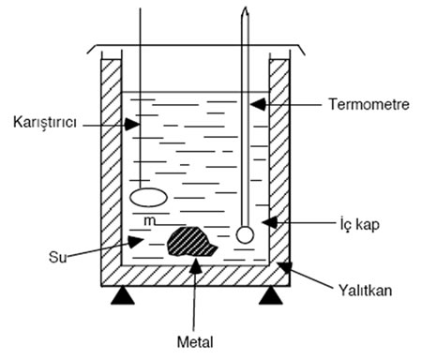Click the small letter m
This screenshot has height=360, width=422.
tap(148, 220)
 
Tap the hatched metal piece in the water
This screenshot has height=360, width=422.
tap(192, 241)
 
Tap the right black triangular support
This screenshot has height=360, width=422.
tap(272, 297)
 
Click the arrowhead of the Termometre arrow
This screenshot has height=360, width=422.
tap(255, 101)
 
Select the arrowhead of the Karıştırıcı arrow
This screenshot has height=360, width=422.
tap(133, 123)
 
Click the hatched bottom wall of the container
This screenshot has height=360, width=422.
tap(197, 275)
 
